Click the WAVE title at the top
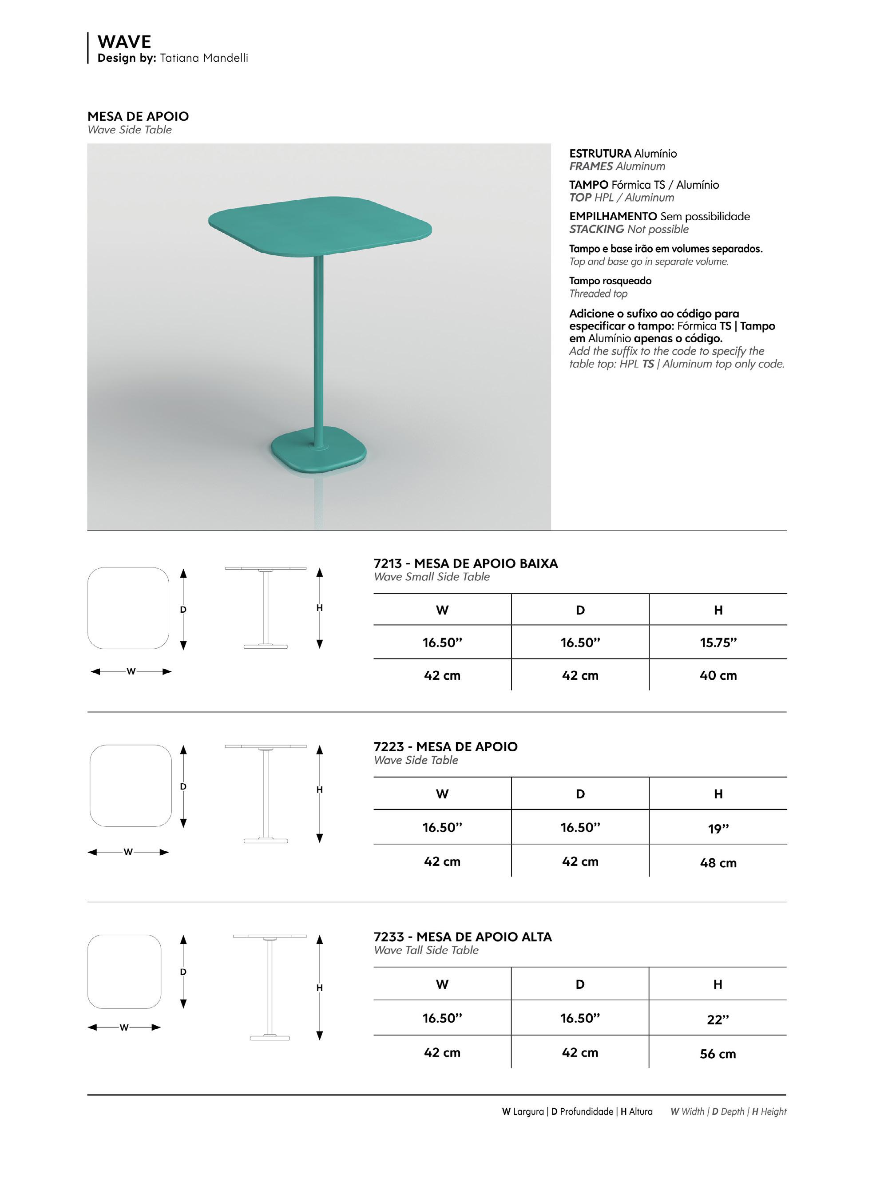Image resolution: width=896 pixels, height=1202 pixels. (x=124, y=42)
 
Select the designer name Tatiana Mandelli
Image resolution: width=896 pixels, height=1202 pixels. (x=204, y=58)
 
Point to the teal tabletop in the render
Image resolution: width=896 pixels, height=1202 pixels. (x=320, y=225)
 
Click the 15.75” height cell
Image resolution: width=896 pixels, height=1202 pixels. (x=718, y=642)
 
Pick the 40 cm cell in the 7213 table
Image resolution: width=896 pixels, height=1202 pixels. (x=718, y=675)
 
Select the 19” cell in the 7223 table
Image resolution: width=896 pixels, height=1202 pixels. (x=718, y=828)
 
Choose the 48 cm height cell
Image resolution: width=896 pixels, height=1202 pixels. (x=718, y=862)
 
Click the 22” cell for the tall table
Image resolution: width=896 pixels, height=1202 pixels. (x=717, y=1019)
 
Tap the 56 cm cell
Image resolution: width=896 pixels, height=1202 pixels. (x=717, y=1053)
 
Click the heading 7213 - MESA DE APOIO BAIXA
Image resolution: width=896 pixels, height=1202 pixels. (x=465, y=563)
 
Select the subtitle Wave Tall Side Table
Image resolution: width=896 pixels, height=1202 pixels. (x=426, y=950)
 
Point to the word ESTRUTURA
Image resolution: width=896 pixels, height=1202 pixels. (x=600, y=154)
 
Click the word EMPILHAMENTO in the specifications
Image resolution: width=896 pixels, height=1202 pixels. (x=613, y=216)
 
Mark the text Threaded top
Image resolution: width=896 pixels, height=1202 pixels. (x=598, y=294)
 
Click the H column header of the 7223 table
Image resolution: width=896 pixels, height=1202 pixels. (x=718, y=793)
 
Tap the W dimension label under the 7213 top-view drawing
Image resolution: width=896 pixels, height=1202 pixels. (x=131, y=671)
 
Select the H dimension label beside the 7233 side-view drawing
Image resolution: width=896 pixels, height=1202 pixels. (x=319, y=988)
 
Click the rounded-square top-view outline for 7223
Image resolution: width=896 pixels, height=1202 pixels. (x=130, y=785)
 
